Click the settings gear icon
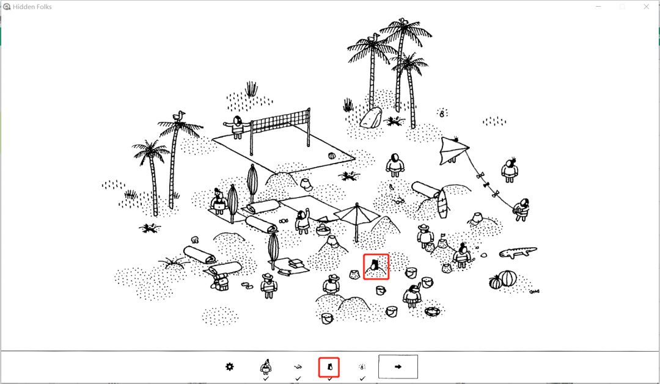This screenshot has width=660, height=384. coord(229,366)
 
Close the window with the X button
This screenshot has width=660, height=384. coord(646,7)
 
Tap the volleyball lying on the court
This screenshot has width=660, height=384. coord(332,156)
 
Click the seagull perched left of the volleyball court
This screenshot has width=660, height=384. coord(179,116)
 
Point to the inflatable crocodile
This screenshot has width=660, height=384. coord(518,252)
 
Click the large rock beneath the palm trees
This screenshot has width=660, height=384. coord(372,117)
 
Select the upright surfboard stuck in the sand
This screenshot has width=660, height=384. coord(442,204)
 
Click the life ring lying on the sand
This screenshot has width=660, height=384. coord(432,312)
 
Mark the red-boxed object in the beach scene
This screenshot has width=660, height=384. coord(376,266)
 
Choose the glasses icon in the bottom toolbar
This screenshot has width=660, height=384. coord(298,367)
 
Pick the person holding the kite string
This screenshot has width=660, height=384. coord(521,209)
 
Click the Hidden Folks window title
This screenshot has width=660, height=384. coord(32,7)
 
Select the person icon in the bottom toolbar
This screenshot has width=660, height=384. coord(266,367)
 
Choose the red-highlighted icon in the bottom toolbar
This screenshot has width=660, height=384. coord(329,368)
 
